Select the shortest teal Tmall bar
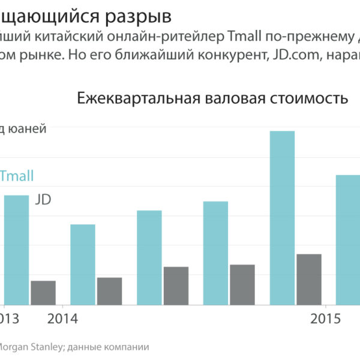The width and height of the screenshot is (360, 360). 83,264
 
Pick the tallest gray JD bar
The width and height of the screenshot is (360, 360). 309,279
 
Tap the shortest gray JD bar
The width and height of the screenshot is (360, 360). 43,292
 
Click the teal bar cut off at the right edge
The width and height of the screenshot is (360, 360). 347,239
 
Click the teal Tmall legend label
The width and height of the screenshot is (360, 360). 17,176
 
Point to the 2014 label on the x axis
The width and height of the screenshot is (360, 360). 62,319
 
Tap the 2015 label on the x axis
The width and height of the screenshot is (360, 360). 325,319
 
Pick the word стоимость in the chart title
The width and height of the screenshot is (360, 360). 311,98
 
